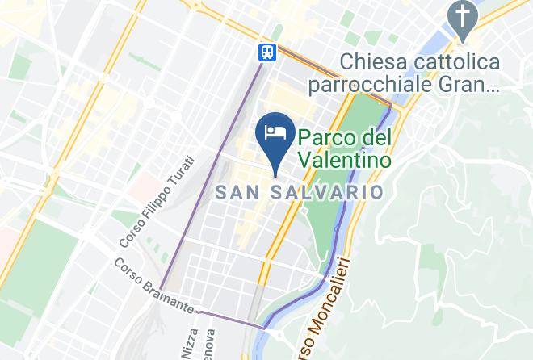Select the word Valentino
pyautogui.click(x=344, y=159)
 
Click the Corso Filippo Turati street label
pyautogui.click(x=157, y=202)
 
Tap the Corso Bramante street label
pyautogui.click(x=153, y=285)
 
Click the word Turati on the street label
pyautogui.click(x=182, y=172)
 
